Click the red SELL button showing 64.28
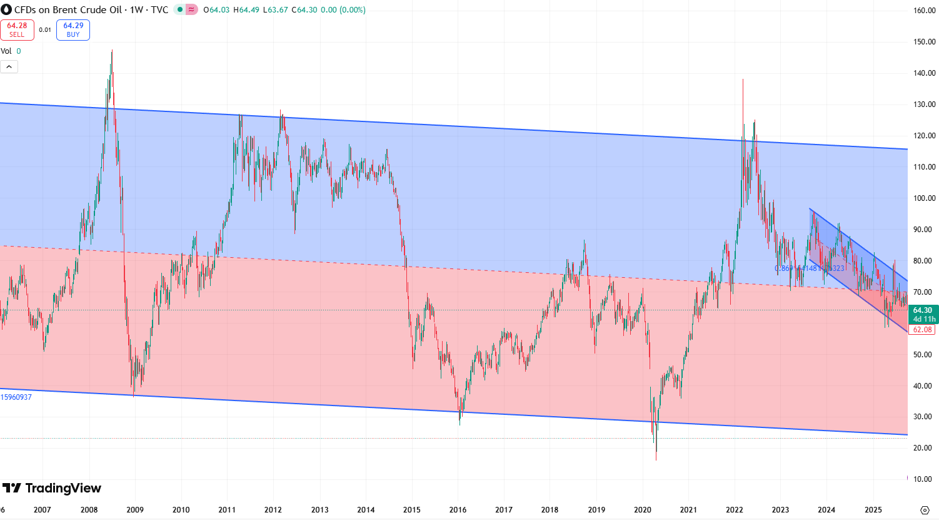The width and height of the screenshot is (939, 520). click(17, 29)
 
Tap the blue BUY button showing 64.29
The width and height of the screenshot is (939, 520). click(73, 29)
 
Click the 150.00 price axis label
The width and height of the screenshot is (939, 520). click(924, 42)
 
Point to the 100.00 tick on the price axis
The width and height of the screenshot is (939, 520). click(924, 198)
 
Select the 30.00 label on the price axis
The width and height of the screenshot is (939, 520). click(924, 417)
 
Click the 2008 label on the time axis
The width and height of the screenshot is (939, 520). click(89, 509)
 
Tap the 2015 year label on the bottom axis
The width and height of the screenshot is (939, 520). click(411, 509)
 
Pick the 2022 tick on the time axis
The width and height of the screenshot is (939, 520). click(734, 509)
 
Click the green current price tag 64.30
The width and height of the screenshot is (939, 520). click(922, 314)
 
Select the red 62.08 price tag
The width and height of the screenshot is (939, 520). click(922, 330)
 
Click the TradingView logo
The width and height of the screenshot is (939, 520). click(52, 488)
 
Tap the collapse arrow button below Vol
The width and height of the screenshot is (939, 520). click(9, 66)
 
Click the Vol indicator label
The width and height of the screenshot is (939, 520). click(6, 51)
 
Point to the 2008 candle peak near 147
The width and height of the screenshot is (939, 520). click(112, 51)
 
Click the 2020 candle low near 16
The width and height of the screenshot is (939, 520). click(656, 459)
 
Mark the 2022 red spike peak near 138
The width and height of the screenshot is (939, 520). click(743, 80)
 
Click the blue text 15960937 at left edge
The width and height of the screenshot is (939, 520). click(16, 397)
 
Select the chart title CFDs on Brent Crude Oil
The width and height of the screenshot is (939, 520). click(68, 10)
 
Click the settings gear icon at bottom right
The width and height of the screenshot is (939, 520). click(925, 510)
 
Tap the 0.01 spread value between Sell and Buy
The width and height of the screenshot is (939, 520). click(45, 29)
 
